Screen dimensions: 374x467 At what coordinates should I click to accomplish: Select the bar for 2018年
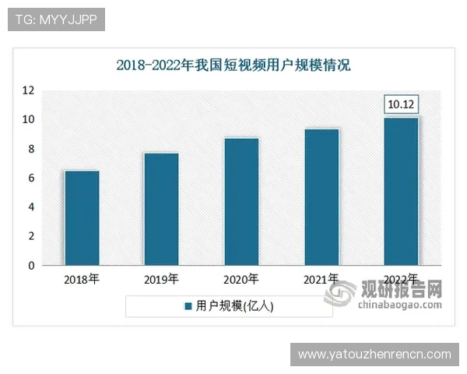[82, 218]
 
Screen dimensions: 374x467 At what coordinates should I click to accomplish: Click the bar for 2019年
[161, 209]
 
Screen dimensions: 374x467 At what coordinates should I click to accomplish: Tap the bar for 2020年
[241, 202]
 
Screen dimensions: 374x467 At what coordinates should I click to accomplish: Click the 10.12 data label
[402, 104]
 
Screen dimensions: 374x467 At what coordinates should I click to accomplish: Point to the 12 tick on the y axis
[28, 90]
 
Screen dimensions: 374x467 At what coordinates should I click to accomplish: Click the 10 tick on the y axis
[28, 119]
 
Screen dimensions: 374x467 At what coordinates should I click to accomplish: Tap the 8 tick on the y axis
[30, 149]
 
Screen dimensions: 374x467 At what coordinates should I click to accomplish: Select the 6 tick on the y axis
[30, 178]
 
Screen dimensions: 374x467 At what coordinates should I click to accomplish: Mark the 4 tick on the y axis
[30, 207]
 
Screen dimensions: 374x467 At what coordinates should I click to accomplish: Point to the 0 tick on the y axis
[30, 266]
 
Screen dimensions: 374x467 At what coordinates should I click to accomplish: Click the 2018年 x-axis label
[82, 279]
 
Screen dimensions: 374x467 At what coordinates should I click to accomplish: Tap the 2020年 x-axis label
[241, 279]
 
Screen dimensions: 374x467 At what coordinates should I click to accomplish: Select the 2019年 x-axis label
[161, 279]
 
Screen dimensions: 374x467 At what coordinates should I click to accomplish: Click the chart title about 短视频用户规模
[233, 65]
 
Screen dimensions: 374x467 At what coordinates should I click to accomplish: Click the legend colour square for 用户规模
[188, 307]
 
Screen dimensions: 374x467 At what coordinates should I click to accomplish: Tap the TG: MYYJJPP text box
[55, 19]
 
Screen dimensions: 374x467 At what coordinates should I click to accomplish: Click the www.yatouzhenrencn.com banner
[374, 355]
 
